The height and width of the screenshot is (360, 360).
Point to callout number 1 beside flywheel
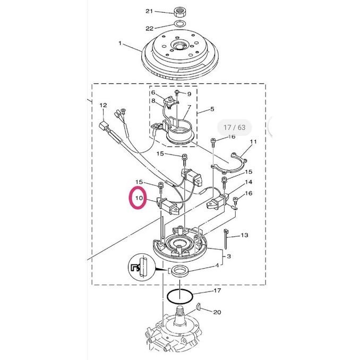(x=120, y=43)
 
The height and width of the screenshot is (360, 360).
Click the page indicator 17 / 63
(x=234, y=127)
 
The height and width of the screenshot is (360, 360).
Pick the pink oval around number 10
(x=139, y=200)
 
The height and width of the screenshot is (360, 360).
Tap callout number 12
(x=103, y=105)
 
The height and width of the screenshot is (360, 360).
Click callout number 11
(x=253, y=142)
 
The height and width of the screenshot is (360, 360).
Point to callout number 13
(x=244, y=235)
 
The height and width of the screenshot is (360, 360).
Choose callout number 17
(x=217, y=291)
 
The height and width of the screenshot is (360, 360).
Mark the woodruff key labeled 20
(x=197, y=306)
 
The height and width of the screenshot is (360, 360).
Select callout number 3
(x=228, y=257)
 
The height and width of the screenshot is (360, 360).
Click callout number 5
(x=212, y=109)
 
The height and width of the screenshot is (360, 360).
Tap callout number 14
(x=248, y=183)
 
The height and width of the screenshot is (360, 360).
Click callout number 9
(x=188, y=94)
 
